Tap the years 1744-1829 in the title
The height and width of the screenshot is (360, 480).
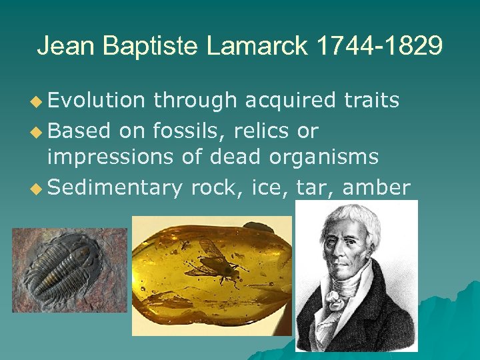pos(380,46)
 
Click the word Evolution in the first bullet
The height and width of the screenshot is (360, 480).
pos(96,100)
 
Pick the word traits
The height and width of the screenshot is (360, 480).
pos(371,100)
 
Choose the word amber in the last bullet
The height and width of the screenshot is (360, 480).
pos(376,188)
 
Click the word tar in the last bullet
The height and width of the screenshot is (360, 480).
pos(316,188)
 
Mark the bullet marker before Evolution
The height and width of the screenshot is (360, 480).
pos(37,101)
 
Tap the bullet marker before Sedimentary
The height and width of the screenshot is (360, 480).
pos(37,188)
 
